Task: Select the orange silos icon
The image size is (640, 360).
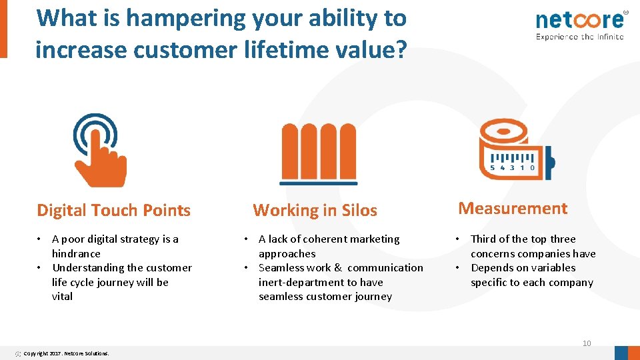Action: pos(319,153)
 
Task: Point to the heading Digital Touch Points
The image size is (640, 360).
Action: pos(113,211)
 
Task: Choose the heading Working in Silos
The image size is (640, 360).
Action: pos(315,211)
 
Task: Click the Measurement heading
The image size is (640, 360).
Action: pos(513,209)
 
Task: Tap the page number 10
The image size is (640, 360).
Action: pos(587,343)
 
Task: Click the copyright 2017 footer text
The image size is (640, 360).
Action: pos(66,353)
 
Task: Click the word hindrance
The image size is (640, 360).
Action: pos(76,253)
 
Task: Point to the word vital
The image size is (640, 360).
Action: pos(62,297)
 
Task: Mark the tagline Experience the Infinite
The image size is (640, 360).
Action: pos(579,37)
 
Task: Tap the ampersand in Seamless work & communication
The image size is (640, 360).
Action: pos(338,268)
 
